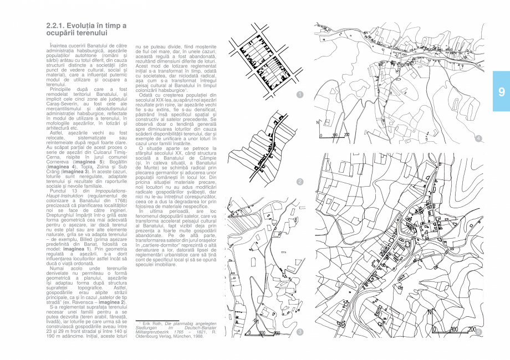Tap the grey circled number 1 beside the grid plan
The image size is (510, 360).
coord(299,95)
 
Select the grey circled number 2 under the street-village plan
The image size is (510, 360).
coord(299,182)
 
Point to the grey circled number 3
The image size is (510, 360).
coord(299,332)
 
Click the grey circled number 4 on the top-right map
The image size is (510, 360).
coord(478,138)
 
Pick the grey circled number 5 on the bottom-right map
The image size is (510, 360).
coord(478,332)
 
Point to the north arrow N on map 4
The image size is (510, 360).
coord(318,123)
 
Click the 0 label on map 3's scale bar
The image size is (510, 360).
coord(245,333)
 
